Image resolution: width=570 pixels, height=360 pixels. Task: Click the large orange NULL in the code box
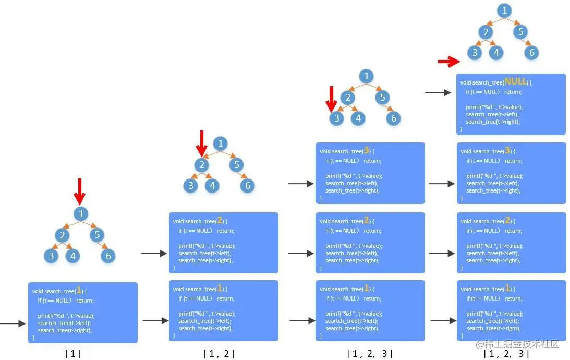tap(515, 82)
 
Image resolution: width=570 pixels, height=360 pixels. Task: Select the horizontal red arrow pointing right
tap(448, 63)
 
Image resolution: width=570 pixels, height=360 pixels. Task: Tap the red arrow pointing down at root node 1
tap(79, 191)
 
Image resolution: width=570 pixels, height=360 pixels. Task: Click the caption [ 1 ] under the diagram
tap(73, 354)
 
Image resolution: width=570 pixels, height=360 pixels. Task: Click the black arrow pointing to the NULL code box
tap(438, 93)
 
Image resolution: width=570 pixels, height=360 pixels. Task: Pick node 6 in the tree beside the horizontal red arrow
tap(531, 52)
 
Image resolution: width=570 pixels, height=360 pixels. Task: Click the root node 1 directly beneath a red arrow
tap(81, 213)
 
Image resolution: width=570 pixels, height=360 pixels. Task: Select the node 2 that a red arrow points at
tap(202, 165)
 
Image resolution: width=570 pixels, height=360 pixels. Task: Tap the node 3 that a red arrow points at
tap(337, 118)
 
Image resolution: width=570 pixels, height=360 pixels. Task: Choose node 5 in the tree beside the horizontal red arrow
tap(520, 32)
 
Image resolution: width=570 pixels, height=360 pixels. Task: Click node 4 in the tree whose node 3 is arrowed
tap(358, 118)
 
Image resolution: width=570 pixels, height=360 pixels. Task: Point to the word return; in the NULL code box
tap(512, 92)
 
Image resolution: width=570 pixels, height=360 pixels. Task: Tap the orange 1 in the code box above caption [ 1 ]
tap(79, 291)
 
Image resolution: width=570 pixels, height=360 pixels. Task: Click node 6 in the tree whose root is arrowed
tap(107, 256)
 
